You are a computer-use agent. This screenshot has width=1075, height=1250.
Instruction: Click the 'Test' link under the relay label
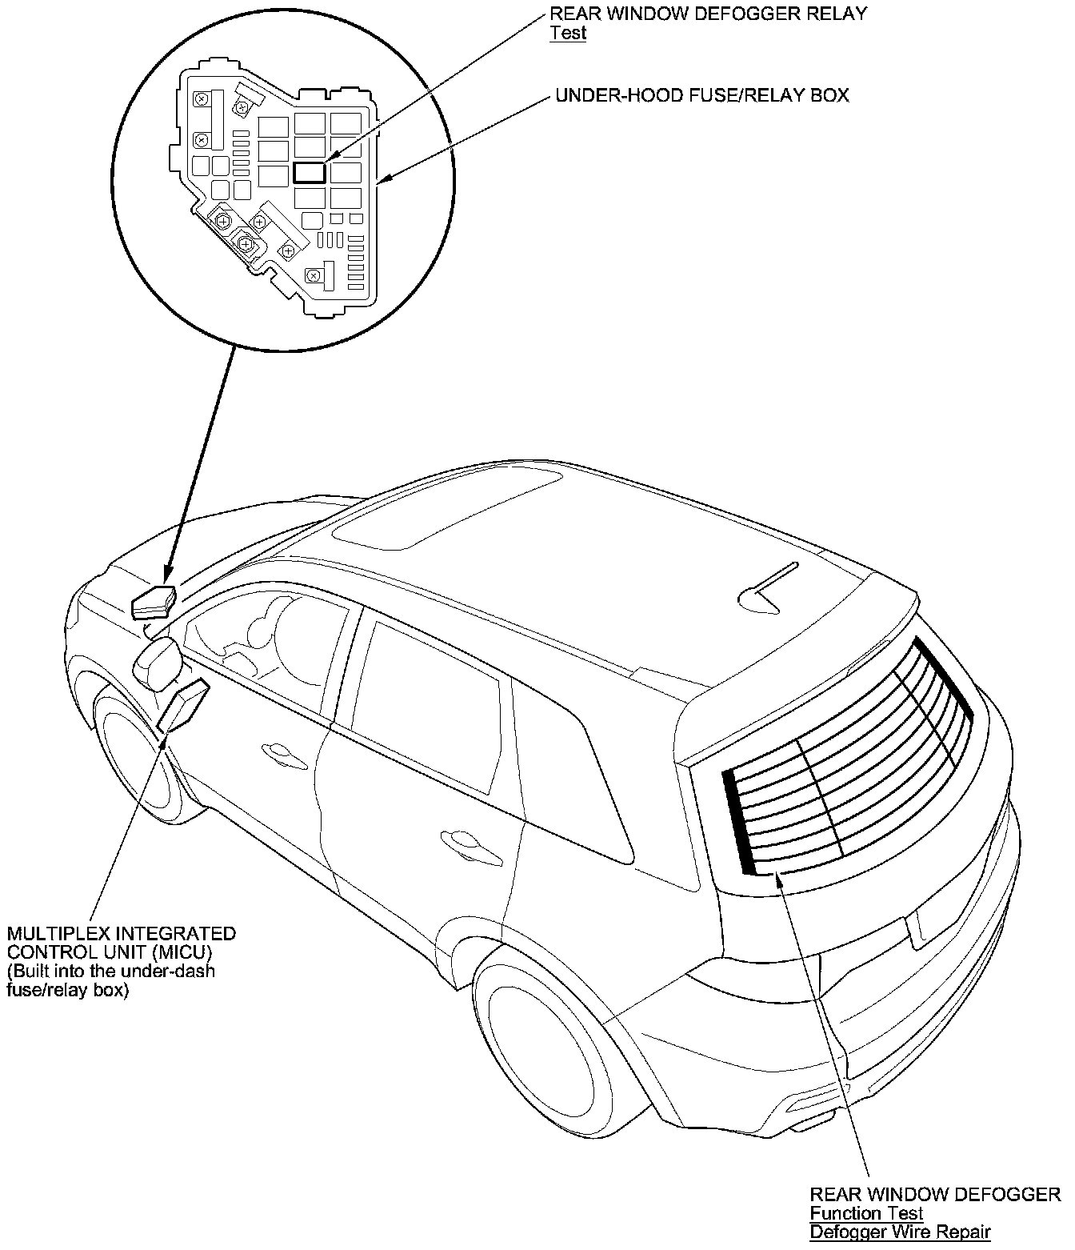tap(568, 33)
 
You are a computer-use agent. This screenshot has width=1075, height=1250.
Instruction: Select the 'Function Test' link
tap(867, 1213)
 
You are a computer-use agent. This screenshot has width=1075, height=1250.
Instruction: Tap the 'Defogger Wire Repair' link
tap(900, 1232)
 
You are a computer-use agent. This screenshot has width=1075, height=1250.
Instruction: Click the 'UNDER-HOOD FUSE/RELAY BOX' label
tap(702, 95)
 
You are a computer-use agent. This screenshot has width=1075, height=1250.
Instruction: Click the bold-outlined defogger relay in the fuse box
tap(310, 172)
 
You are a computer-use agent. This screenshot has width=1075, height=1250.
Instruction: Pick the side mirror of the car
tap(158, 663)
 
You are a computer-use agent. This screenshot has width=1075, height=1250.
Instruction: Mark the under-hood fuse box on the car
tap(153, 602)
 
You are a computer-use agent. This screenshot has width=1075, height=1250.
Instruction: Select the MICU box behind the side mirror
tap(185, 705)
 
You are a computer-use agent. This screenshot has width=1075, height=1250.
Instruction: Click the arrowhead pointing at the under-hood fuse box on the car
tap(167, 574)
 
